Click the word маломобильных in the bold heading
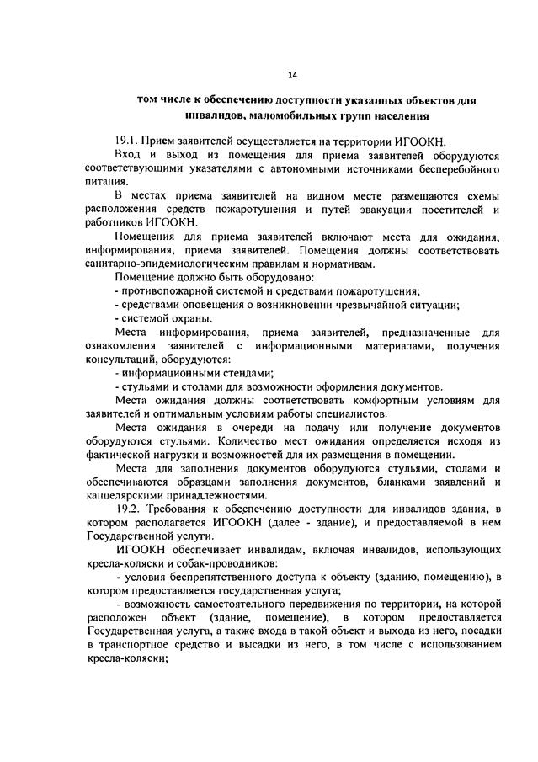[280, 115]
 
